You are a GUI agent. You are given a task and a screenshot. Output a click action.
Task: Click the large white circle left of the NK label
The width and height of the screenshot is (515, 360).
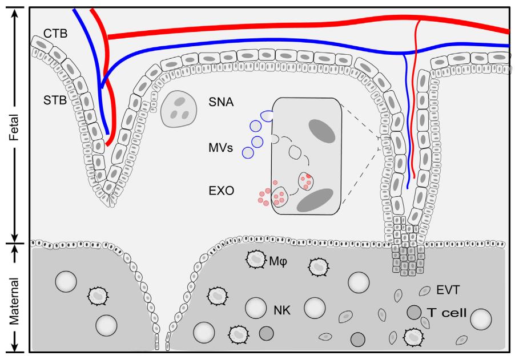coord(255,308)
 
